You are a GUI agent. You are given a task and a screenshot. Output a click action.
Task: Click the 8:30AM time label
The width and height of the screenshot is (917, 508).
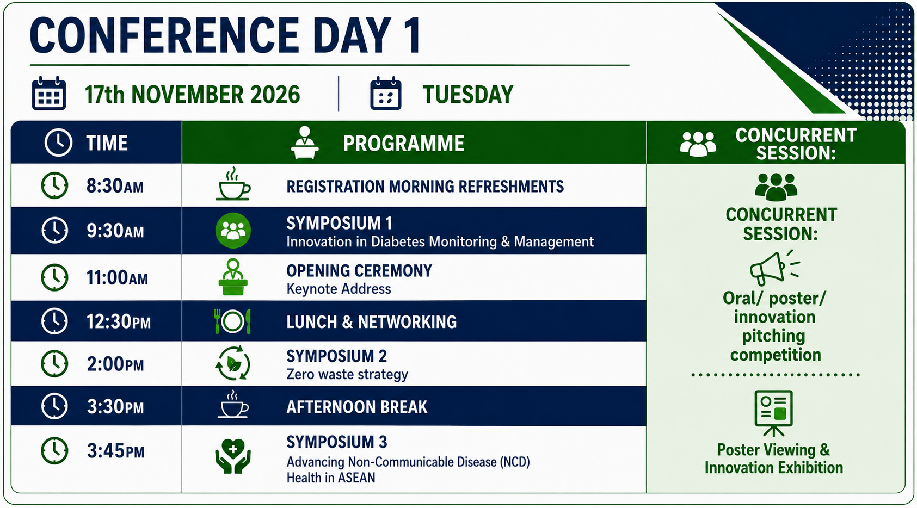[x=115, y=186]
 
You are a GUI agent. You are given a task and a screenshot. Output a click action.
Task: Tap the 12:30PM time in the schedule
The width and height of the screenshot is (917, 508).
[x=118, y=321]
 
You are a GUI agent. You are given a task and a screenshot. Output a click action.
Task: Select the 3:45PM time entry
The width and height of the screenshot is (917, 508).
[x=115, y=451]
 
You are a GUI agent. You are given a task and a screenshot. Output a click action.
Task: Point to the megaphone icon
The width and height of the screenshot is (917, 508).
[x=774, y=268]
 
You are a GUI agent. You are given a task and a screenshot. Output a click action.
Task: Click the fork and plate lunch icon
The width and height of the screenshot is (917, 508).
[x=232, y=321]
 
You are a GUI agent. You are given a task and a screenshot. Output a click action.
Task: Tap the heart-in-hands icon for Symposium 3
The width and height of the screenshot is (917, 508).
[x=233, y=456]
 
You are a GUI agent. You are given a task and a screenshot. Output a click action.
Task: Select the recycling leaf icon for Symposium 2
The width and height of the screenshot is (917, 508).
[x=232, y=363]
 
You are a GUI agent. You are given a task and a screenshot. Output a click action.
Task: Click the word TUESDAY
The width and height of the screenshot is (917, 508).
[x=467, y=95]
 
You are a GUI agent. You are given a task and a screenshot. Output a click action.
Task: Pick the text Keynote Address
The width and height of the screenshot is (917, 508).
[x=339, y=289]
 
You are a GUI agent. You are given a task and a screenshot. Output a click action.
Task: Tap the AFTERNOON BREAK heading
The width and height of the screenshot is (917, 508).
[x=356, y=407]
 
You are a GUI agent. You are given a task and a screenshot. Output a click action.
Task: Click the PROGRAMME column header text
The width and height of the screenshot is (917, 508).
[x=404, y=143]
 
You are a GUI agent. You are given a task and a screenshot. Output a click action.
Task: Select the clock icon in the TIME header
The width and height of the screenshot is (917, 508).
[x=58, y=143]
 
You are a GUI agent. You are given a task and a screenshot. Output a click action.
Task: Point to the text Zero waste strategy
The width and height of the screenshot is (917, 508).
[x=347, y=374]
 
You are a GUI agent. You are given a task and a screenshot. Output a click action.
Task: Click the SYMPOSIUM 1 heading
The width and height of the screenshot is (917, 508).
[x=339, y=224]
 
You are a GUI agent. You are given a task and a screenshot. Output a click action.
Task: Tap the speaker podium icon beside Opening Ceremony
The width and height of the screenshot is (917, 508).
[x=233, y=276]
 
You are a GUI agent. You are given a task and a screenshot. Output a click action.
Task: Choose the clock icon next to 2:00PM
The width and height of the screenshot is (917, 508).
[x=54, y=363]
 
